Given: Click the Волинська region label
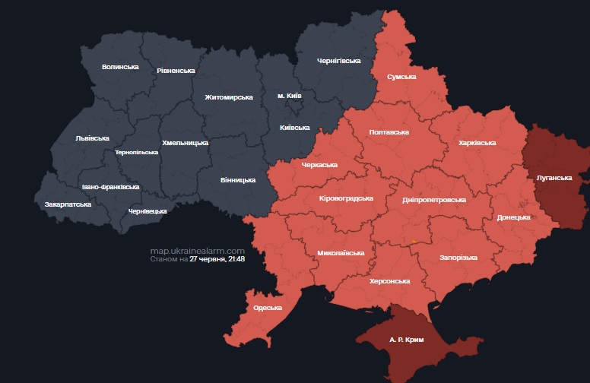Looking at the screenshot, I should (x=120, y=67).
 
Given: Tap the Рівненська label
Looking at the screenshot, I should (x=176, y=71).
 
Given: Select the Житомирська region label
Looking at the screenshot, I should (x=228, y=97).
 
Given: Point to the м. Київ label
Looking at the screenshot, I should (x=290, y=96).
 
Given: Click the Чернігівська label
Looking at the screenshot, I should (x=338, y=60).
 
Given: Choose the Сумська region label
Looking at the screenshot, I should (x=401, y=77).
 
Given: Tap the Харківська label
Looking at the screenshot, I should (x=477, y=142).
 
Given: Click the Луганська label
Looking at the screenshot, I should (x=554, y=177).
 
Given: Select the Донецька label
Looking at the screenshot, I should (x=513, y=217).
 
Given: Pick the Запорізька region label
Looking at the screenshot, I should (x=458, y=258).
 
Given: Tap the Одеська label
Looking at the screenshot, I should (x=267, y=307).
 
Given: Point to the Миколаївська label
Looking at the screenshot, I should (x=341, y=252).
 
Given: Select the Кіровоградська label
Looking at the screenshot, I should (x=346, y=198).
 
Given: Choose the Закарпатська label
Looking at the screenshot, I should (x=68, y=204).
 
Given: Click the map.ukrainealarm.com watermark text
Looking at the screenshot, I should (x=197, y=251).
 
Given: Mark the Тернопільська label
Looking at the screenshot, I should (x=136, y=152).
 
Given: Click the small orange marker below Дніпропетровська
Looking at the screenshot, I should (x=414, y=241).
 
